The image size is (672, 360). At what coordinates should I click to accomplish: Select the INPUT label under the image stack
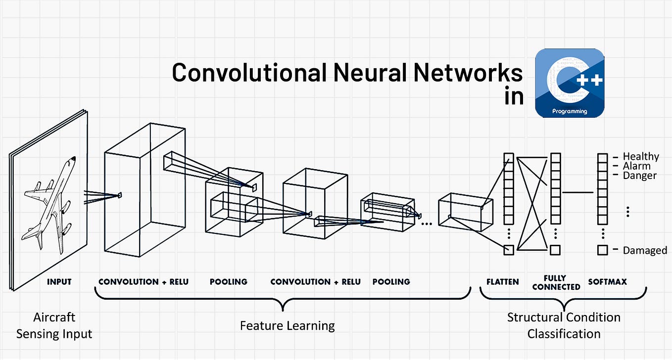59,282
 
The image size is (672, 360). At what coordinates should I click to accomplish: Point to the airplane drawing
50,203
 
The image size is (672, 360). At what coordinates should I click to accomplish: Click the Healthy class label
641,157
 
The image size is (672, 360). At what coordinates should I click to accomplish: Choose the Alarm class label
636,166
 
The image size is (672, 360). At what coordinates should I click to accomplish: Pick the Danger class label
639,176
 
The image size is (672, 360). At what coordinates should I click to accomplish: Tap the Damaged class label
645,251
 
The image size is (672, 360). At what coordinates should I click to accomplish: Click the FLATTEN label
502,282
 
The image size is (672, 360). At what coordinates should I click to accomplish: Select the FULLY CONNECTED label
556,282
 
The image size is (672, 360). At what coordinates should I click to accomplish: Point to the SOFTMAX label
607,282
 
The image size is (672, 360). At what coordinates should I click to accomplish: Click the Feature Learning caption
287,326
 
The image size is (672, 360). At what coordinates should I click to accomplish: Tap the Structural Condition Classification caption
564,325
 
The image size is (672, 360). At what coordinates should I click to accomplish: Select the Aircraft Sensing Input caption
54,325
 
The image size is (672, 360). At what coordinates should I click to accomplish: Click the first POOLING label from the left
228,282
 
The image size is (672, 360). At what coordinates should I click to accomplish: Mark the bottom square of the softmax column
602,250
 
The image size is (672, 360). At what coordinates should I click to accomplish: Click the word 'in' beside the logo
514,97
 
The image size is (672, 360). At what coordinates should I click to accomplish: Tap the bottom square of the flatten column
509,250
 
